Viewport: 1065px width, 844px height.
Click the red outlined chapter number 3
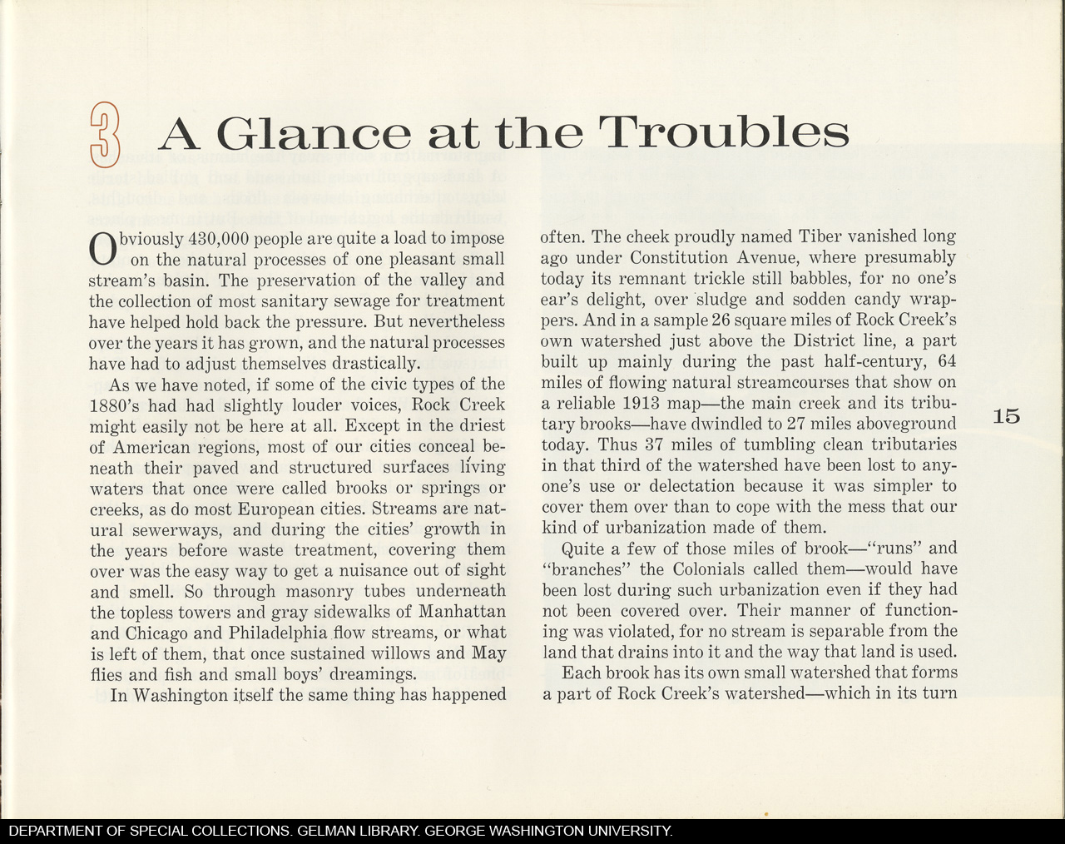click(104, 133)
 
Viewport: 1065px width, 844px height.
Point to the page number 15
click(1006, 416)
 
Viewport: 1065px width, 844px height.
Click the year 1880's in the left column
click(120, 405)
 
